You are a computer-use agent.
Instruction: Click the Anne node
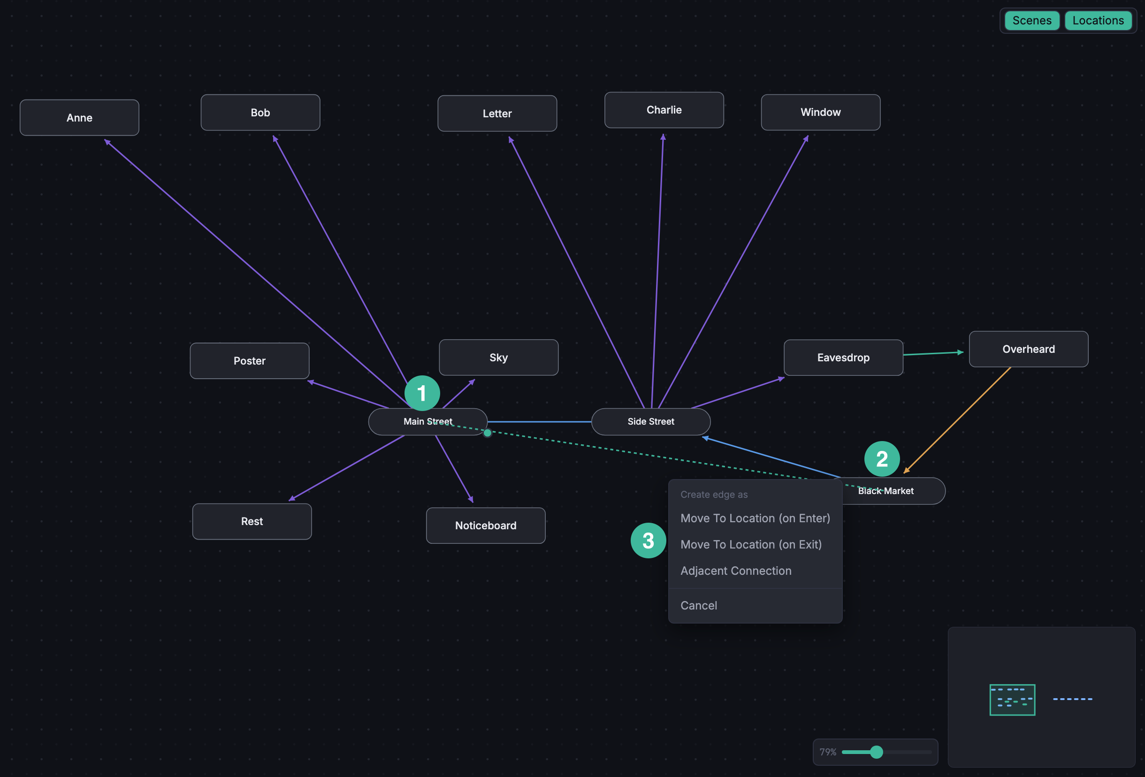79,118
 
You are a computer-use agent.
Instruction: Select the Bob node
260,112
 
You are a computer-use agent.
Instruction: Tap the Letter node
497,114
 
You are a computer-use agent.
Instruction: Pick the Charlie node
664,110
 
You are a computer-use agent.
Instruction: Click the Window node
821,112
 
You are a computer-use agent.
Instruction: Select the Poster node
250,361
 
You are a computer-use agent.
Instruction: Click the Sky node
499,357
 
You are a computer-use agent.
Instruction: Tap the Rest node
252,521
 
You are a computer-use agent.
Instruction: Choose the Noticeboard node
486,526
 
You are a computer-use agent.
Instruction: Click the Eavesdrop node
843,358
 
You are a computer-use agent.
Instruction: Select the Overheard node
1029,349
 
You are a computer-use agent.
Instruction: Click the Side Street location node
651,422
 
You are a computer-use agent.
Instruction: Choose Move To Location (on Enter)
756,518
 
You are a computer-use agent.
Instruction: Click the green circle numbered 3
649,541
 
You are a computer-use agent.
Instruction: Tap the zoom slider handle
877,752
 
